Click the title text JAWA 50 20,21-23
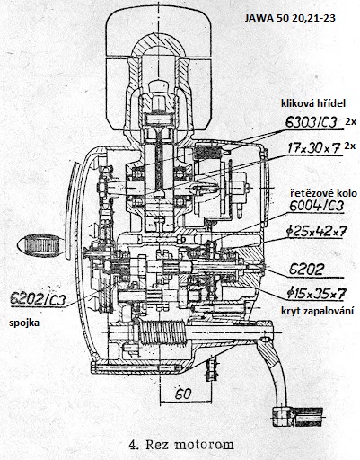290,18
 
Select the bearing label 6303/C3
312,122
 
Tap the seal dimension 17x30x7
314,148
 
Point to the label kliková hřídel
313,103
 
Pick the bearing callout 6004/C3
316,206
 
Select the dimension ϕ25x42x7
316,232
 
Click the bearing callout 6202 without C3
306,270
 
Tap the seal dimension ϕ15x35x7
316,294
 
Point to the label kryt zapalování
317,311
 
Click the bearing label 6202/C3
38,299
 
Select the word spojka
24,323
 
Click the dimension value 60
183,394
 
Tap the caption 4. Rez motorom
181,445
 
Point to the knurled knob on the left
41,245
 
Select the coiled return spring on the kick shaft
162,332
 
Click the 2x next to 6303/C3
351,122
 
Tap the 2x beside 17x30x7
350,146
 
